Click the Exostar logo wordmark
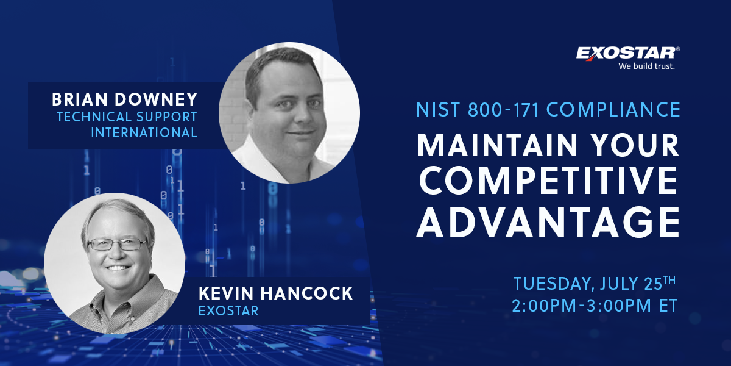tap(627, 53)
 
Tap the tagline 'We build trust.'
tap(646, 66)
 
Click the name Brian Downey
tap(125, 99)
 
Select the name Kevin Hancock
tap(276, 293)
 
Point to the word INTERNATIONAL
tap(144, 133)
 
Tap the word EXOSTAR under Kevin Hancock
tap(228, 310)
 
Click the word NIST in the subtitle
tap(438, 109)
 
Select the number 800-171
tap(503, 109)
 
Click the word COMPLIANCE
tap(613, 109)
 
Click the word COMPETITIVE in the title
tap(548, 181)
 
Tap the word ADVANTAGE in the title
tap(548, 222)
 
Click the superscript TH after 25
tap(669, 280)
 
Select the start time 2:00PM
tap(544, 306)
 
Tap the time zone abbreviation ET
tap(669, 306)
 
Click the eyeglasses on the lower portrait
tap(118, 244)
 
